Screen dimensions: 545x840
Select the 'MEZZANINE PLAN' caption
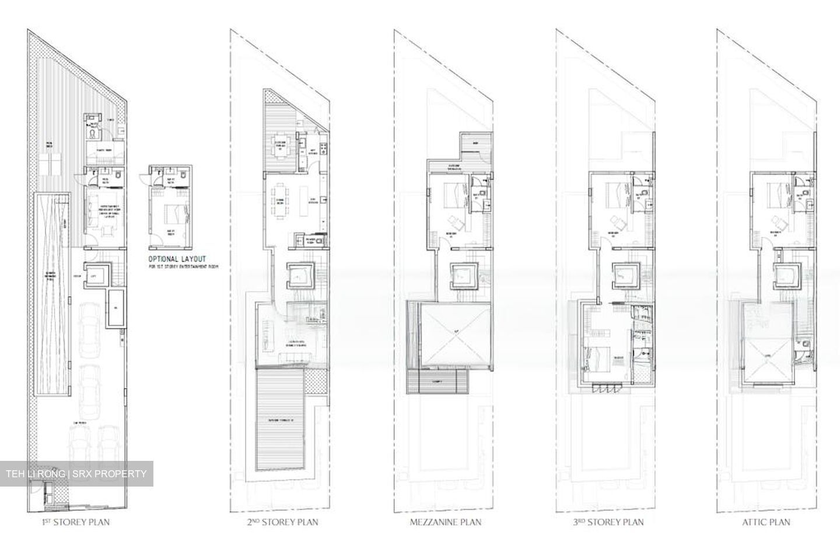pyautogui.click(x=446, y=522)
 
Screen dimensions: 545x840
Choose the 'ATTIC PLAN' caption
pyautogui.click(x=766, y=522)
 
